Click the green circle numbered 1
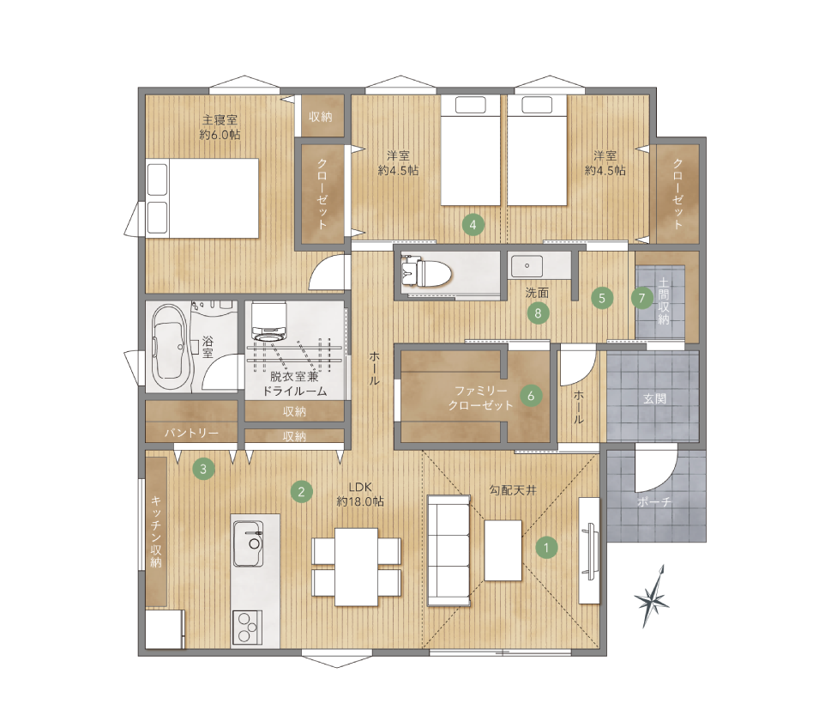[x=546, y=548]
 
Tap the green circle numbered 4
[x=473, y=225]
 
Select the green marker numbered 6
[x=531, y=396]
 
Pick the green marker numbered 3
[x=203, y=469]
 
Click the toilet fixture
[x=425, y=272]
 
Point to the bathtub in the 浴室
[x=169, y=347]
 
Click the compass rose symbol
[x=652, y=597]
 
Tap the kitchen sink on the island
[x=249, y=543]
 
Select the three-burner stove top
[x=247, y=627]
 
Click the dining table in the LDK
[x=356, y=567]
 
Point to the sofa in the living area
[x=449, y=550]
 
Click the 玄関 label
[x=654, y=398]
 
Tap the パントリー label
[x=192, y=433]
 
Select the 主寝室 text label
[x=220, y=119]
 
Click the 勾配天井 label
[x=513, y=490]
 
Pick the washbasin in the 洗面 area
[x=527, y=266]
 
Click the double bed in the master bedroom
[x=202, y=198]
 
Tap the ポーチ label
[x=654, y=502]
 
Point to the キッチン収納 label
[x=155, y=531]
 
